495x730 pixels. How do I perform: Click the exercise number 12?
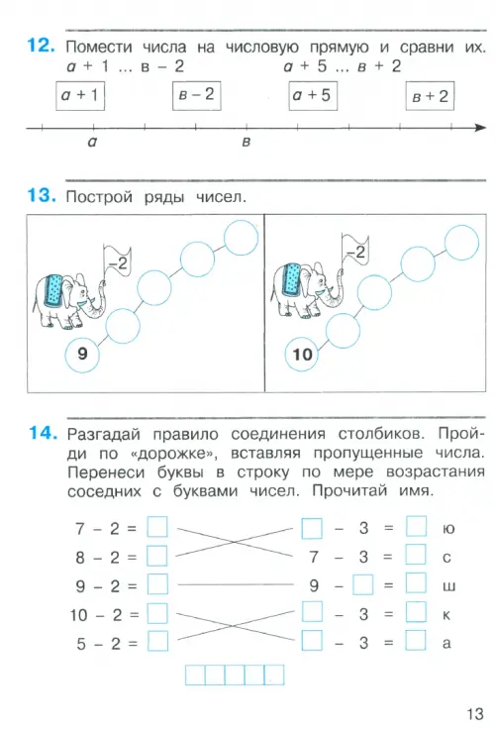click(x=41, y=46)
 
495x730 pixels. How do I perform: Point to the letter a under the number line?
click(x=93, y=142)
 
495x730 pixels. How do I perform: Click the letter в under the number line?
click(x=247, y=142)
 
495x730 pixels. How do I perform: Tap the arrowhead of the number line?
click(x=480, y=128)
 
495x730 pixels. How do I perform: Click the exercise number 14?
click(x=43, y=433)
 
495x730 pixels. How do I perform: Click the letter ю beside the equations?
click(x=448, y=529)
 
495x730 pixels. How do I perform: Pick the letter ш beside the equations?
click(x=448, y=586)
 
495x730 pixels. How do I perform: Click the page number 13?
click(x=475, y=714)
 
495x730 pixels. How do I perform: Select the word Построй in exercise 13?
click(x=99, y=197)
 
